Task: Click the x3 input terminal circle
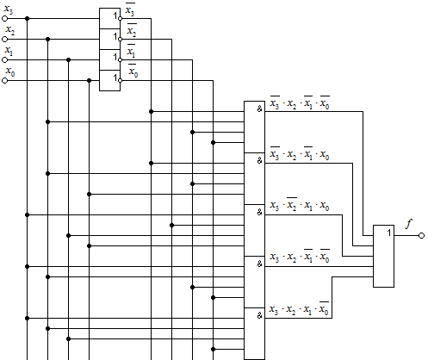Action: pyautogui.click(x=4, y=19)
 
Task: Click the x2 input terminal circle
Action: pyautogui.click(x=4, y=40)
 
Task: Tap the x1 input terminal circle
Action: pyautogui.click(x=4, y=60)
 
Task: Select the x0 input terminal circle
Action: pyautogui.click(x=4, y=81)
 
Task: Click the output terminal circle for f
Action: pyautogui.click(x=421, y=236)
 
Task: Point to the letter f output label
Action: pyautogui.click(x=409, y=224)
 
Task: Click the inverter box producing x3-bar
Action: pyautogui.click(x=109, y=18)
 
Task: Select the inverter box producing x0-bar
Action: pyautogui.click(x=109, y=81)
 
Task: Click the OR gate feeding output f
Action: pyautogui.click(x=383, y=256)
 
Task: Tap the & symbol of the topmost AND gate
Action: pyautogui.click(x=259, y=109)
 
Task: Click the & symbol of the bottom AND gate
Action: pyautogui.click(x=259, y=316)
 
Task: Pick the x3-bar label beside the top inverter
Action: pyautogui.click(x=130, y=10)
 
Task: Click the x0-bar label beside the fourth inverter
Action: pyautogui.click(x=133, y=71)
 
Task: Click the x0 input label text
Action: pyautogui.click(x=10, y=71)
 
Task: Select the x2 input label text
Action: pyautogui.click(x=10, y=30)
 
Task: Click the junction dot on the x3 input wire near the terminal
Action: pyautogui.click(x=28, y=19)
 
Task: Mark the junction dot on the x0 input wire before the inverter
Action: pyautogui.click(x=89, y=81)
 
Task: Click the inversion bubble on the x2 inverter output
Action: pyautogui.click(x=121, y=40)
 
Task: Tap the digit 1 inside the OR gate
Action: pyautogui.click(x=389, y=233)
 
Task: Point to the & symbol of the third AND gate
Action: pyautogui.click(x=259, y=213)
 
